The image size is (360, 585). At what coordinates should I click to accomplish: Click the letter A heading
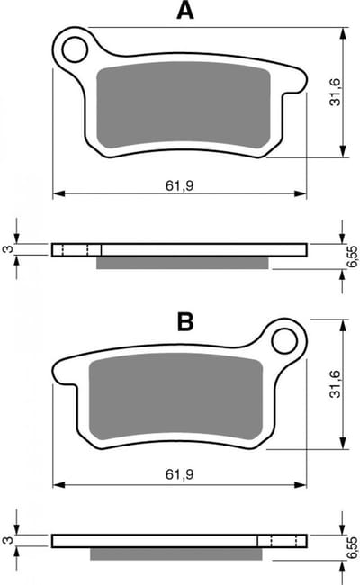pos(185,10)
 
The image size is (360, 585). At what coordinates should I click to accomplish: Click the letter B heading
pos(185,321)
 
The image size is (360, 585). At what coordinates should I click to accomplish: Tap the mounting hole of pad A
pos(76,49)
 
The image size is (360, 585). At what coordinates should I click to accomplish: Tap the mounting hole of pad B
pos(284,340)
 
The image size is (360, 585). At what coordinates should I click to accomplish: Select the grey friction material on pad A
pos(184,105)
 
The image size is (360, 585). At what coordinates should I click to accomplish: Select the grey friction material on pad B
pos(176,397)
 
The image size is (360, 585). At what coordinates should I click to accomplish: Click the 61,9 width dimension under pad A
pos(180,185)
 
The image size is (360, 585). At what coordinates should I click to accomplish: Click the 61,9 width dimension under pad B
pos(180,474)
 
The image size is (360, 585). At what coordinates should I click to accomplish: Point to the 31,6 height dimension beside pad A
pos(336,92)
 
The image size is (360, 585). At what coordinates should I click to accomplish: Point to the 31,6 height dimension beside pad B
pos(336,384)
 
